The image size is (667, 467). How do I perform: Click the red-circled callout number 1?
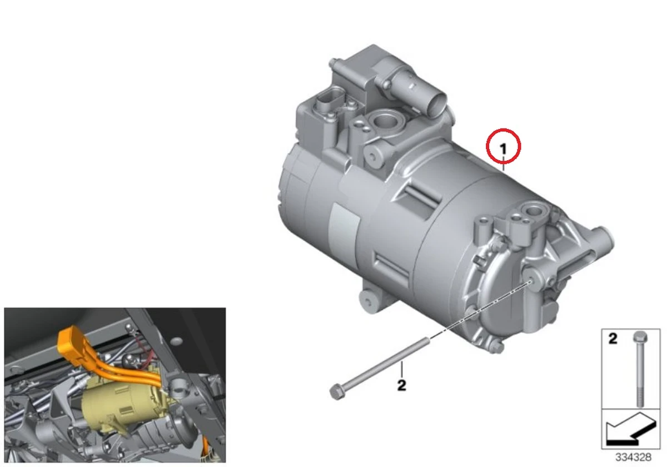click(503, 148)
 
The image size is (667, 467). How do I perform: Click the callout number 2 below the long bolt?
click(402, 385)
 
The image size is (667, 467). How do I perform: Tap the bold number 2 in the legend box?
click(613, 339)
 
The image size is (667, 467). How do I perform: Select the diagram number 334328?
click(633, 457)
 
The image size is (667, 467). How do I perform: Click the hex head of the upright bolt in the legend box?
click(640, 336)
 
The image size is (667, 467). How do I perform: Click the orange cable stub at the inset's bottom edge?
click(205, 452)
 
